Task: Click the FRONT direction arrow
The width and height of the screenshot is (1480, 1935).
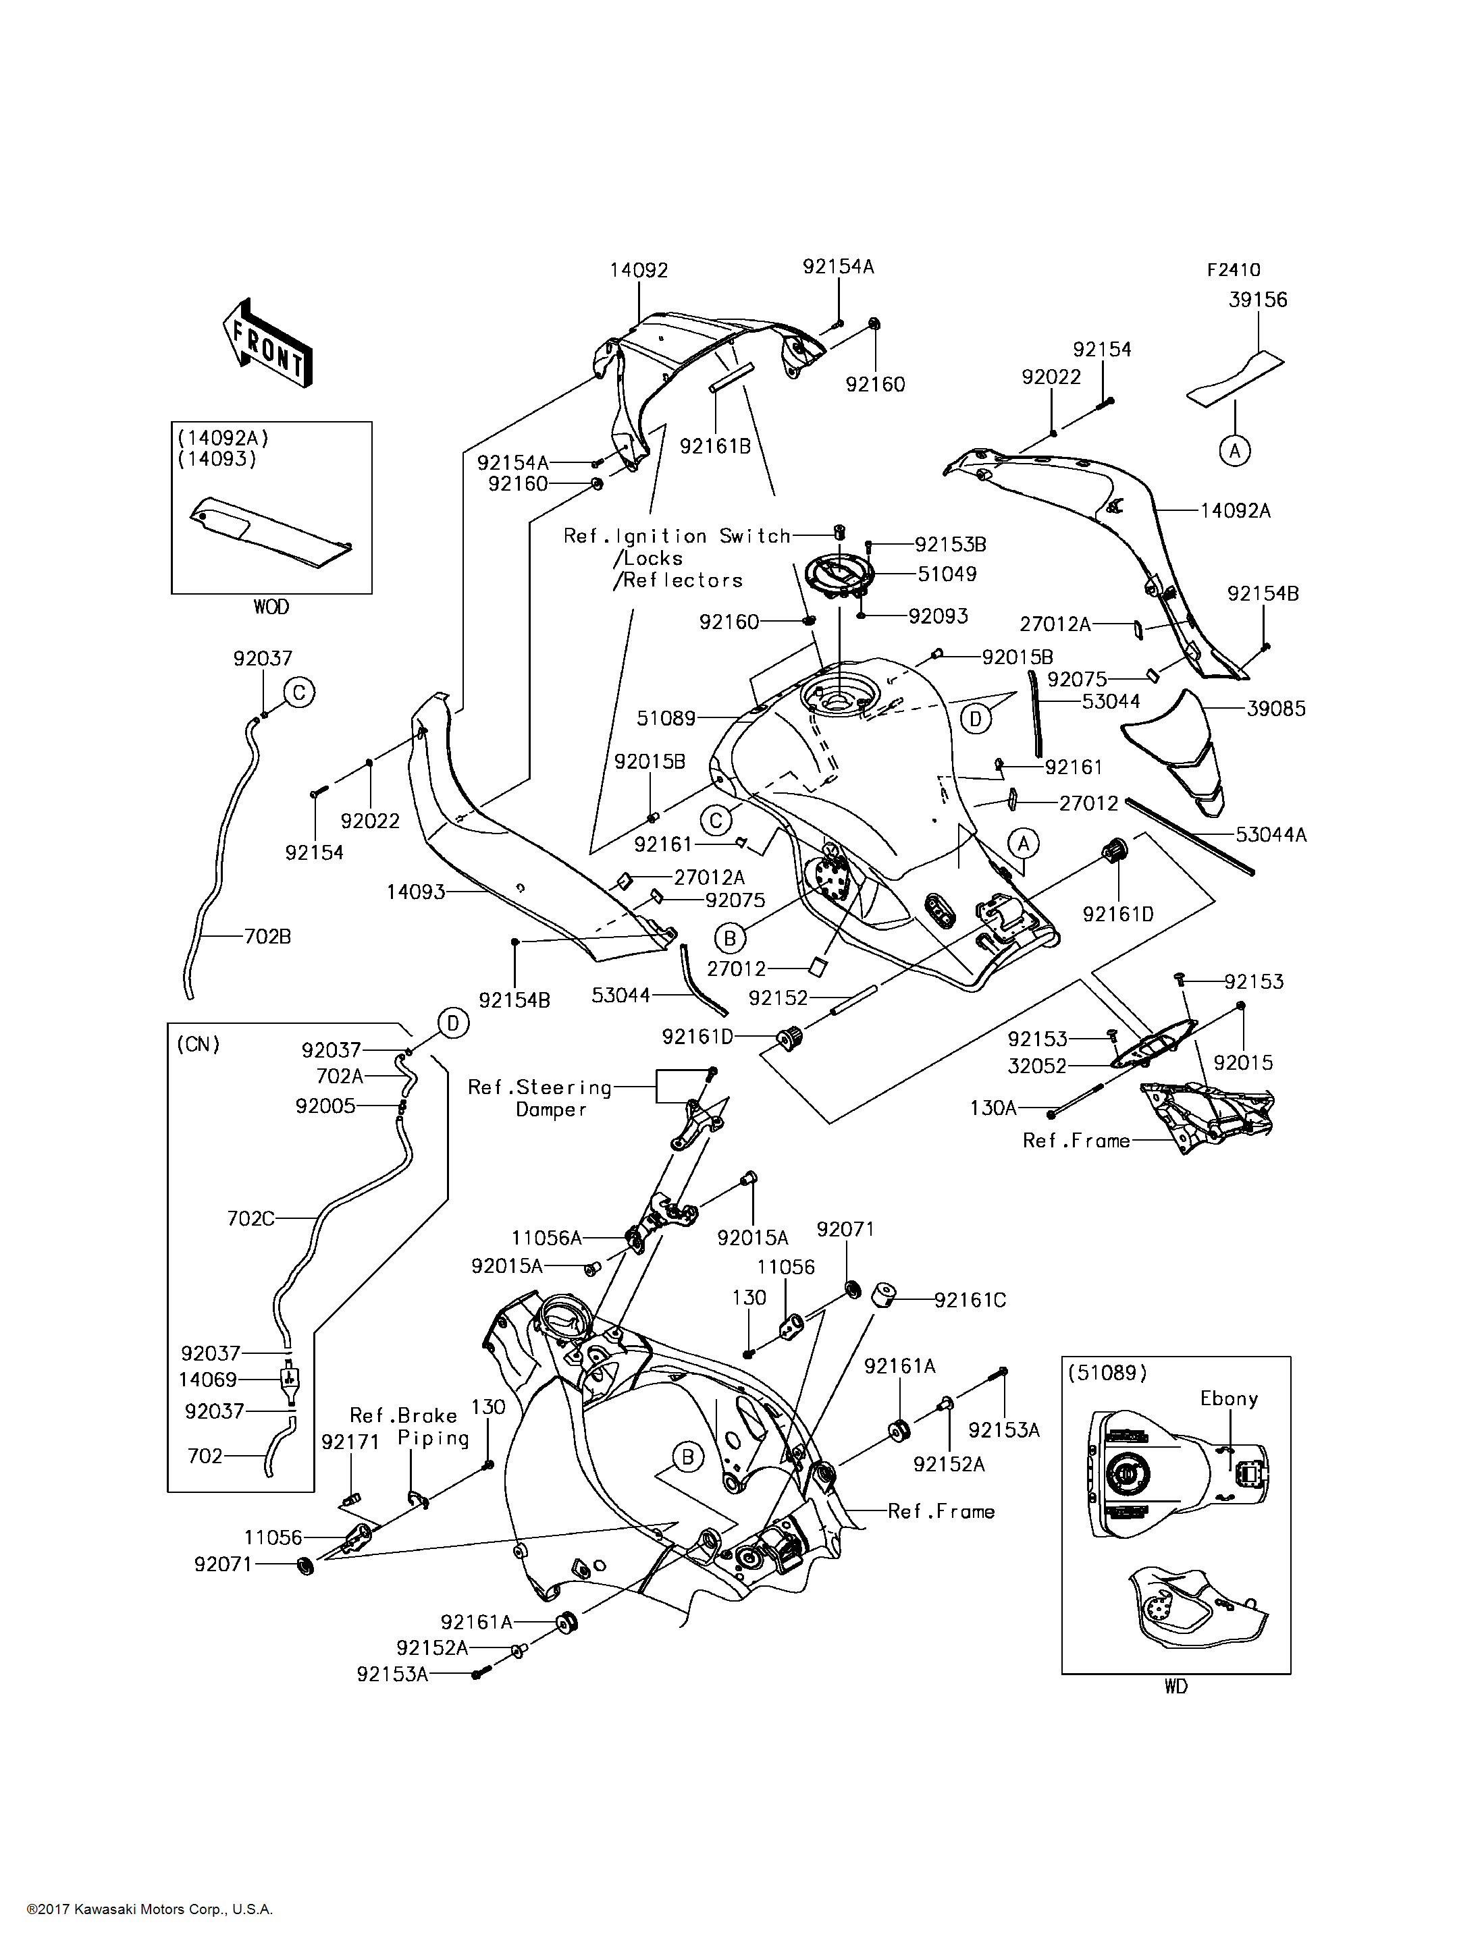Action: click(267, 343)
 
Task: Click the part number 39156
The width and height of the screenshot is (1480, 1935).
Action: click(1257, 300)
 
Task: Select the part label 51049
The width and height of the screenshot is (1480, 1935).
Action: click(947, 574)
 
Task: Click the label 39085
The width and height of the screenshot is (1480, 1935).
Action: click(1275, 708)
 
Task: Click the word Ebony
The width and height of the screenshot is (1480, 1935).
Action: click(1229, 1398)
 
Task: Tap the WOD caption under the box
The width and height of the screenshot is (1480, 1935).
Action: click(271, 607)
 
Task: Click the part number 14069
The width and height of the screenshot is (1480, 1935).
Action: click(208, 1380)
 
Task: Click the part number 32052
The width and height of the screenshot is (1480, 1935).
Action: click(1037, 1066)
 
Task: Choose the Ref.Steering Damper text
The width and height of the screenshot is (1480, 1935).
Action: click(541, 1098)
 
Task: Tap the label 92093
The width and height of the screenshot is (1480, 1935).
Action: click(939, 616)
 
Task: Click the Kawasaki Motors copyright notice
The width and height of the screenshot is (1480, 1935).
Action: click(150, 1909)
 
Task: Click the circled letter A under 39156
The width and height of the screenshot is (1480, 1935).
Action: click(1234, 451)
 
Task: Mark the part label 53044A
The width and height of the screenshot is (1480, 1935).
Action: click(1270, 834)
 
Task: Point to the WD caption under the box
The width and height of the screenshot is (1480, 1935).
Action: click(1175, 1687)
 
